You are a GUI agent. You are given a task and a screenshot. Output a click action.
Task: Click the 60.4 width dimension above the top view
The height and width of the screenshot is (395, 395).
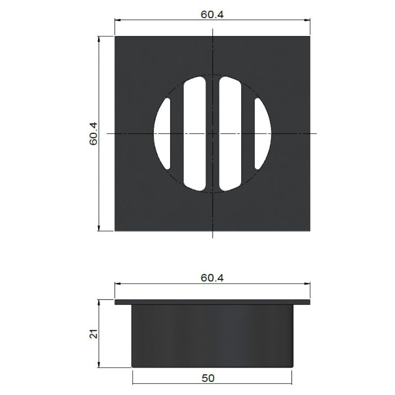click(213, 15)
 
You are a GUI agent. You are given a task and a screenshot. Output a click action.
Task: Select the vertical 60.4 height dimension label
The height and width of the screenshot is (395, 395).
click(93, 134)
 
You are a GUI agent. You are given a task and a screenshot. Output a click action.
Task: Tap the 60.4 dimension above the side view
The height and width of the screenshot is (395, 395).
click(212, 278)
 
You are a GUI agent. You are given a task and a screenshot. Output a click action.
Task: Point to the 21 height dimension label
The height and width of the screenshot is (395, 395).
click(94, 334)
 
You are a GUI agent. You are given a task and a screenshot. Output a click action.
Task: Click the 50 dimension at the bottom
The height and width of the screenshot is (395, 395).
click(208, 378)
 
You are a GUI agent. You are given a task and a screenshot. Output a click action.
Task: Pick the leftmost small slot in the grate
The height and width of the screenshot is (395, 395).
click(162, 134)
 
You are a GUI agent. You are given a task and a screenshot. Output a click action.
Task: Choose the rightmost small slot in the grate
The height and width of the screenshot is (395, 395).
click(263, 134)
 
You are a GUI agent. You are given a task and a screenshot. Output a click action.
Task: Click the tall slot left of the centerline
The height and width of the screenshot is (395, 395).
click(195, 134)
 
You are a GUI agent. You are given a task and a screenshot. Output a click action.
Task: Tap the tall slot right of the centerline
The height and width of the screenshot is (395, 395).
click(230, 134)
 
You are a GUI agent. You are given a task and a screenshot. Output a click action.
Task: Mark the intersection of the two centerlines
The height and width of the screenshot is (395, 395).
click(213, 134)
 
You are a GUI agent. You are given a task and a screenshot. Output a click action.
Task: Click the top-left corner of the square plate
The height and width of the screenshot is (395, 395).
click(115, 37)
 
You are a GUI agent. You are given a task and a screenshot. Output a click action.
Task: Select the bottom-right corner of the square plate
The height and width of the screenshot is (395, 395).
click(310, 231)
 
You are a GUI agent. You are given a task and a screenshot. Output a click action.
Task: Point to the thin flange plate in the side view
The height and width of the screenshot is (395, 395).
click(213, 302)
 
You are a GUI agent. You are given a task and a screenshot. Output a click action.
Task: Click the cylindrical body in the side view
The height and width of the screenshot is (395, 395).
click(213, 336)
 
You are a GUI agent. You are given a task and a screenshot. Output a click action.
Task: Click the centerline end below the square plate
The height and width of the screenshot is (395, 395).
click(213, 237)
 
